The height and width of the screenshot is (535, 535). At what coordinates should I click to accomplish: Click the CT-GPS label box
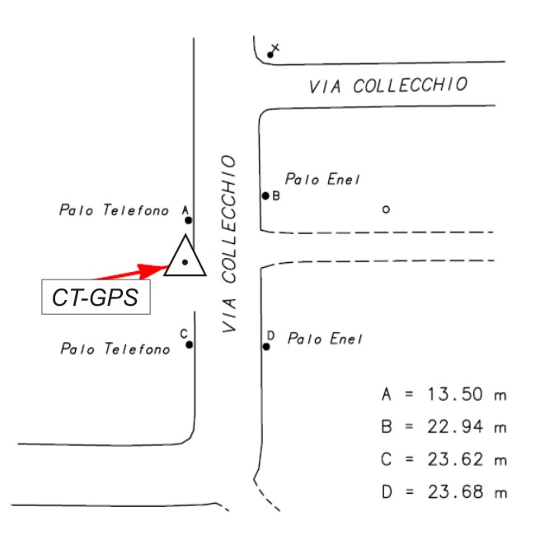(x=96, y=297)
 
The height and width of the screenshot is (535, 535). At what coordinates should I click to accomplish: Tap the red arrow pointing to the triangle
(x=133, y=272)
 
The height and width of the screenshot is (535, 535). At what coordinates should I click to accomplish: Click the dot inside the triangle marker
(x=185, y=262)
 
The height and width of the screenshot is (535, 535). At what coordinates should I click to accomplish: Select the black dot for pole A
(x=188, y=220)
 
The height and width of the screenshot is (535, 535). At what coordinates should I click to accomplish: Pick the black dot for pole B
(x=265, y=196)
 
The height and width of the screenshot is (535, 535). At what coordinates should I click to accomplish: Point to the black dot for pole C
(x=190, y=345)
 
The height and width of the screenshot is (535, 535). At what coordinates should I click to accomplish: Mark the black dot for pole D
(x=266, y=347)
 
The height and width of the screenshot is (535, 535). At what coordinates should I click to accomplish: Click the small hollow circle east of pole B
(x=386, y=209)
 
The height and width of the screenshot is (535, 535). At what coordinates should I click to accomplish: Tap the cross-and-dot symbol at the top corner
(x=273, y=50)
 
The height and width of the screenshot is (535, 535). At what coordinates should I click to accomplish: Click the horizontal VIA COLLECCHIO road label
(x=388, y=85)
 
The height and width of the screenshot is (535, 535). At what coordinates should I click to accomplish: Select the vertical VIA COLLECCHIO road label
(x=228, y=244)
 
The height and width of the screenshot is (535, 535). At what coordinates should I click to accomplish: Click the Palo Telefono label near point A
(x=114, y=210)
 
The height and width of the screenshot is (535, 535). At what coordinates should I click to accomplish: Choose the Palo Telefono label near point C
(x=115, y=349)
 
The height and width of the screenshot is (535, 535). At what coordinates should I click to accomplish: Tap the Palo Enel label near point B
(x=322, y=179)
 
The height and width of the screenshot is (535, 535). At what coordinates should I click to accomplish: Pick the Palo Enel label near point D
(x=325, y=339)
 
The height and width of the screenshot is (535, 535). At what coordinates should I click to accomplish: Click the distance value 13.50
(x=455, y=394)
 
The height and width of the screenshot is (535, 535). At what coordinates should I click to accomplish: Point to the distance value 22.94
(x=455, y=427)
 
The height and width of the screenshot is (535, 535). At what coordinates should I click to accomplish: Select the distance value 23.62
(x=455, y=459)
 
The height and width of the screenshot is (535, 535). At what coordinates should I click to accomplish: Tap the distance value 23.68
(x=455, y=492)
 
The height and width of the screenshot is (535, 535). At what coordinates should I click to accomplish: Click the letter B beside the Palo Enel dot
(x=276, y=196)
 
